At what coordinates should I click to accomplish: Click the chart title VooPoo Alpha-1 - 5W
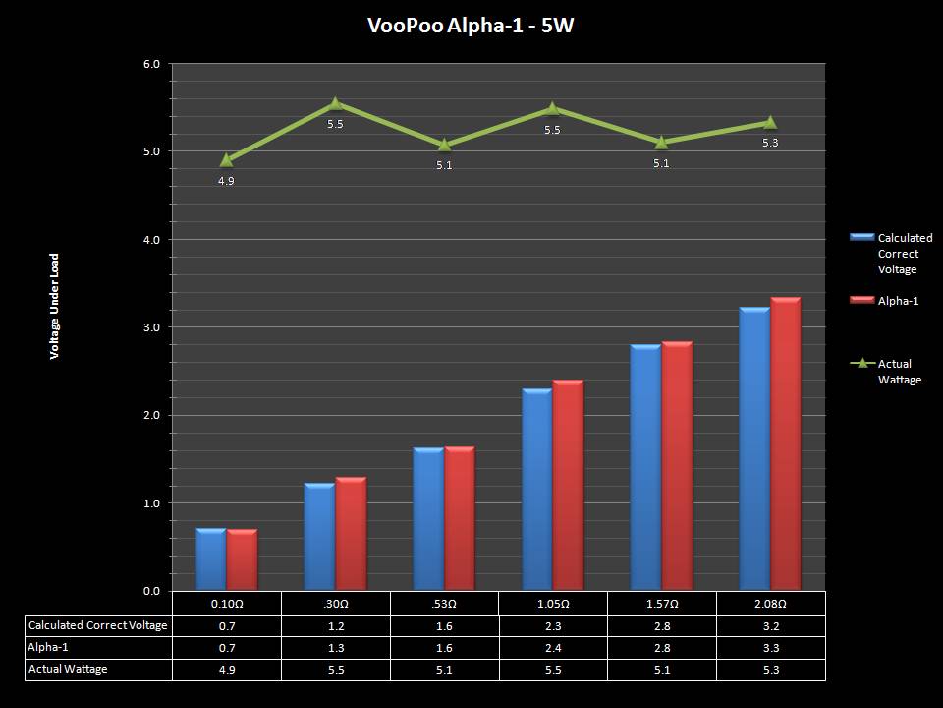click(x=471, y=26)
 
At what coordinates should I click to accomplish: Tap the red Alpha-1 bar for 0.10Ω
click(x=242, y=560)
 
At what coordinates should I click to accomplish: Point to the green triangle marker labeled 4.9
click(x=227, y=160)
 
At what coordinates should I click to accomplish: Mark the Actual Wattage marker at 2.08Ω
click(x=770, y=123)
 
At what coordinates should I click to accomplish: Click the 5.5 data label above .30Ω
click(x=335, y=125)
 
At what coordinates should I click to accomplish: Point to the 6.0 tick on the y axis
click(x=151, y=64)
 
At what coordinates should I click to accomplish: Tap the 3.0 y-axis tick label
click(x=151, y=327)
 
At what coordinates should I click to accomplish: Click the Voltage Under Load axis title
click(x=55, y=306)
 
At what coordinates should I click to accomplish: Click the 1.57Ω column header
click(x=661, y=603)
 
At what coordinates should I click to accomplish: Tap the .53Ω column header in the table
click(x=444, y=603)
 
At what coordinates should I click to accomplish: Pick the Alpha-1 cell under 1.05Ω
click(x=553, y=647)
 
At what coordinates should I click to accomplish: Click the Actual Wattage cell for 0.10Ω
click(x=227, y=669)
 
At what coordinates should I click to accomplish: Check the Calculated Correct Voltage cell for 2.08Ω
click(x=770, y=625)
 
